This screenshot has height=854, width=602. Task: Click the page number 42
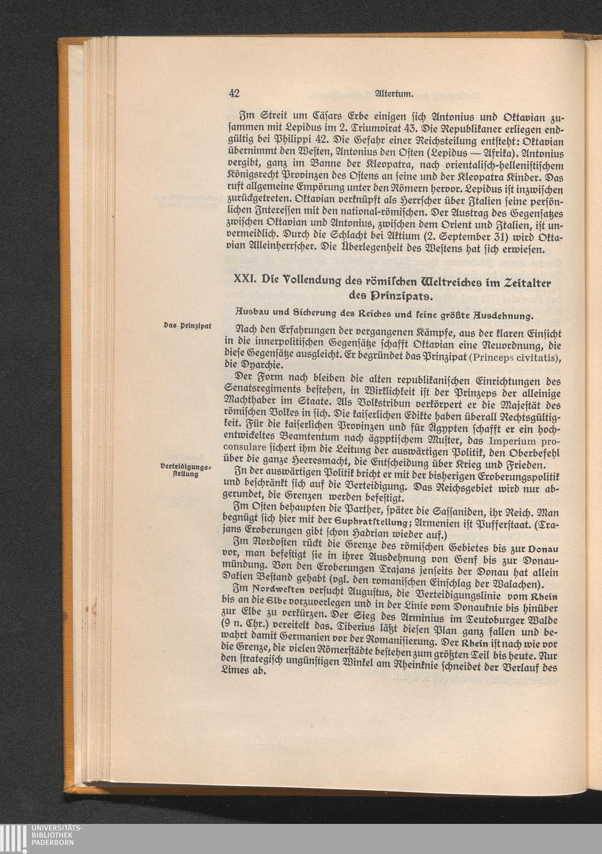click(235, 93)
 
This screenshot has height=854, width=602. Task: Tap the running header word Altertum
click(393, 93)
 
